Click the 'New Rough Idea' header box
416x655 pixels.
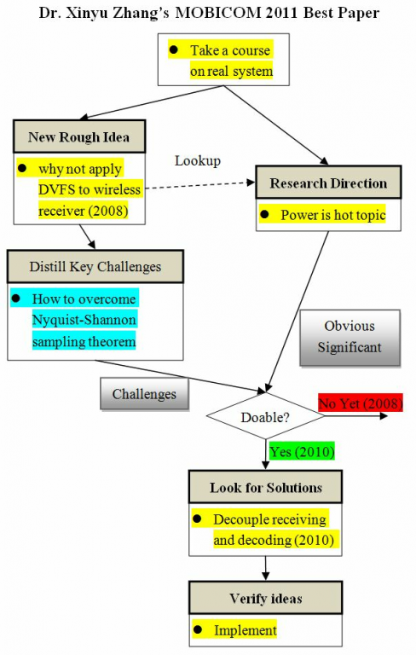pyautogui.click(x=79, y=136)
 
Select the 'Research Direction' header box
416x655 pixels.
pyautogui.click(x=328, y=183)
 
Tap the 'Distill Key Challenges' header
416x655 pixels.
pyautogui.click(x=95, y=266)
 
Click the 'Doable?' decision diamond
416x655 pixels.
pyautogui.click(x=265, y=416)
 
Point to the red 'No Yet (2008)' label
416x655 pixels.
pyautogui.click(x=361, y=403)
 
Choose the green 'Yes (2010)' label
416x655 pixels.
pyautogui.click(x=302, y=451)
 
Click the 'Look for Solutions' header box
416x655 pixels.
pyautogui.click(x=266, y=487)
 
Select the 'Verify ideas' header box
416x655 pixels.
pyautogui.click(x=266, y=598)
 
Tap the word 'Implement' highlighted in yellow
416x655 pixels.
pyautogui.click(x=246, y=629)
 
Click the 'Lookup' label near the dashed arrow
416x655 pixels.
pyautogui.click(x=198, y=161)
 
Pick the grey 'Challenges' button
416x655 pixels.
pyautogui.click(x=145, y=394)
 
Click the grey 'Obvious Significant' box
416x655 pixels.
pyautogui.click(x=350, y=338)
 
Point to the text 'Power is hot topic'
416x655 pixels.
pyautogui.click(x=332, y=215)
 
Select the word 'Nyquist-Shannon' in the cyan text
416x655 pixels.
pyautogui.click(x=84, y=320)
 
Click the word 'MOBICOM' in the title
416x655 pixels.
pyautogui.click(x=218, y=13)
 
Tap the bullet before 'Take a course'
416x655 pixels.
pyautogui.click(x=174, y=50)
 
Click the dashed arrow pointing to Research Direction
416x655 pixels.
pyautogui.click(x=200, y=185)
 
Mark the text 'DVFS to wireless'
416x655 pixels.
pyautogui.click(x=90, y=189)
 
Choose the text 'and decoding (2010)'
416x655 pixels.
pyautogui.click(x=274, y=540)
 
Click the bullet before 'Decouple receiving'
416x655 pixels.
pyautogui.click(x=197, y=519)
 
